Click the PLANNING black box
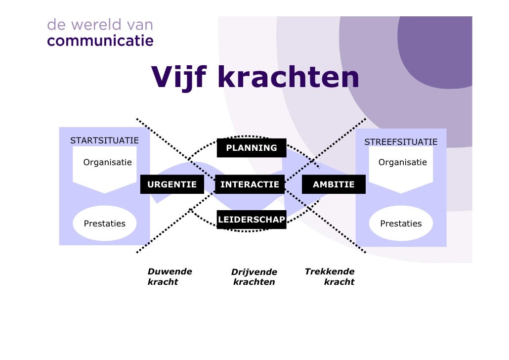pos(252,148)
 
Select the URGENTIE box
pos(172,184)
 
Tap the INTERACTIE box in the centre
pos(250,184)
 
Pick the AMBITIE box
pos(334,184)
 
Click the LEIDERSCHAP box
pos(252,219)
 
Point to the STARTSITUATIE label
pos(104,140)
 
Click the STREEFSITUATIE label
pos(401,142)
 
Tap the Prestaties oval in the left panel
pos(104,223)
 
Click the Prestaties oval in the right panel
pos(401,224)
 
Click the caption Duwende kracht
pos(170,276)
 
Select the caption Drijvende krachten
pos(254,277)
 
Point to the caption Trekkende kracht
pos(331,276)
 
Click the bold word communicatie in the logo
pos(100,40)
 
